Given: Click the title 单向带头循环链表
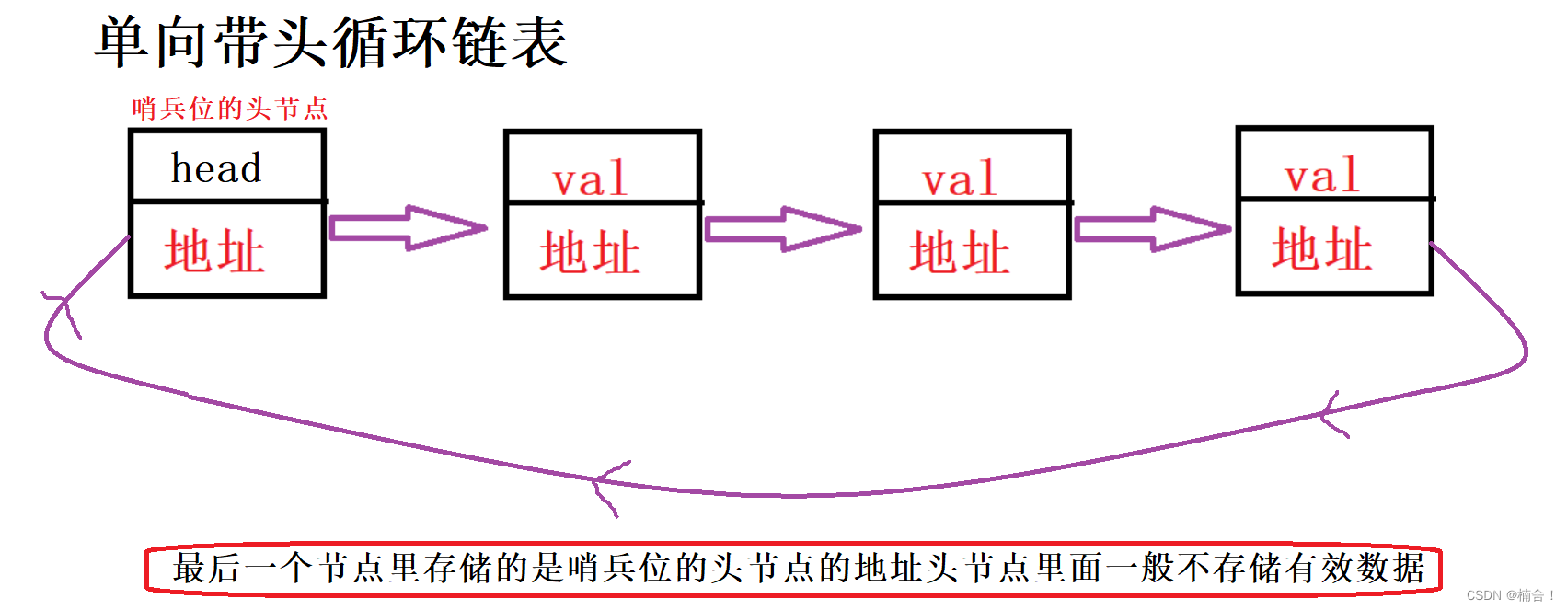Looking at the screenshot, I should pyautogui.click(x=331, y=42).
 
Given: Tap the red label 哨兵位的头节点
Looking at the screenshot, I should pyautogui.click(x=229, y=109).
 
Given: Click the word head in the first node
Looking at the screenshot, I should pyautogui.click(x=216, y=168).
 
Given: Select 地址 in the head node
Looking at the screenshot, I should pyautogui.click(x=214, y=251).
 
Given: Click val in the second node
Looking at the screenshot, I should pyautogui.click(x=590, y=178).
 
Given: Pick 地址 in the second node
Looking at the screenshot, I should pyautogui.click(x=590, y=252).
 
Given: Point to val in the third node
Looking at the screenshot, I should pyautogui.click(x=960, y=178).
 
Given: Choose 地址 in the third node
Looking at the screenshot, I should pyautogui.click(x=960, y=252).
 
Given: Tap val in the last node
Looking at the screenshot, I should pyautogui.click(x=1322, y=176).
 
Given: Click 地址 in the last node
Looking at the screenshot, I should pyautogui.click(x=1322, y=249).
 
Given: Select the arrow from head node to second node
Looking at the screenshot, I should pyautogui.click(x=408, y=228).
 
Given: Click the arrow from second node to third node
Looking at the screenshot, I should pyautogui.click(x=783, y=229).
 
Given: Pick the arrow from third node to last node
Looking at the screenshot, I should pyautogui.click(x=1153, y=229).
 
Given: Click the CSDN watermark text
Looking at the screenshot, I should pyautogui.click(x=1509, y=595).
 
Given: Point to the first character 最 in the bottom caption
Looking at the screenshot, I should pyautogui.click(x=190, y=569).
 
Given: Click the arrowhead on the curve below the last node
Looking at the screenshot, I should pyautogui.click(x=1331, y=415).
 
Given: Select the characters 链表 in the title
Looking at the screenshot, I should pyautogui.click(x=511, y=42).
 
